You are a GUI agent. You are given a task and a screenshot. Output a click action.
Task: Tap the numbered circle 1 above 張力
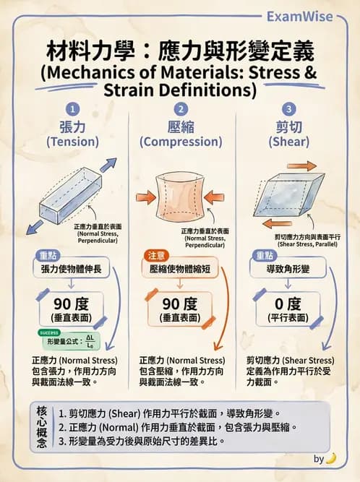(x=72, y=110)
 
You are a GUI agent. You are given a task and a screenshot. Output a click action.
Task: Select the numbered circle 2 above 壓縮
(x=181, y=110)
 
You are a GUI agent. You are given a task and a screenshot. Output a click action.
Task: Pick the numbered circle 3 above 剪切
(x=288, y=110)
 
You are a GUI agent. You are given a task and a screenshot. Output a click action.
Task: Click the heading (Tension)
(x=72, y=142)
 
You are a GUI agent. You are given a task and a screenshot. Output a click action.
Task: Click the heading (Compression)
(x=181, y=142)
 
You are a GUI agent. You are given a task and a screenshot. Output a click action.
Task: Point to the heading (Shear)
(x=288, y=142)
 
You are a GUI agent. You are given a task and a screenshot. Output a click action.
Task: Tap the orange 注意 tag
(x=154, y=255)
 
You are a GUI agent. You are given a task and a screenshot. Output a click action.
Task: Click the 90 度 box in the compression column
(x=179, y=309)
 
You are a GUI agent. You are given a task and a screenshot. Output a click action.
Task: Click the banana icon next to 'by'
(x=331, y=458)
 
